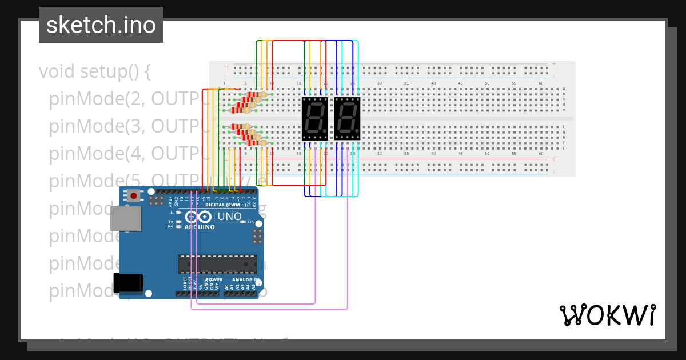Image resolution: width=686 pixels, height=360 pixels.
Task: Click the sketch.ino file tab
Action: click(x=101, y=25)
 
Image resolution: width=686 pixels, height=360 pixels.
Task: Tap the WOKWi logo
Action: click(x=607, y=315)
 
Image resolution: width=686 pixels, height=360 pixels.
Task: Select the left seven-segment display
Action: click(x=314, y=118)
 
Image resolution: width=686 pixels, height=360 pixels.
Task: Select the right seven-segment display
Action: click(x=347, y=118)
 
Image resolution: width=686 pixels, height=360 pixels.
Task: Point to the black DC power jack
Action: click(x=128, y=283)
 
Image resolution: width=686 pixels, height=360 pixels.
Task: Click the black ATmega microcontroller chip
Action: click(x=217, y=265)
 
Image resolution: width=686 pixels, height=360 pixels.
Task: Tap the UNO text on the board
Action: click(x=229, y=217)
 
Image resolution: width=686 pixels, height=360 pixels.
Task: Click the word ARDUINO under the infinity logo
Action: click(x=200, y=227)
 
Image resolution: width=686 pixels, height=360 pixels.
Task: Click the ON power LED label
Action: click(x=251, y=222)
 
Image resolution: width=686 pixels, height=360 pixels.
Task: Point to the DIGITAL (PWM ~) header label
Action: click(x=226, y=205)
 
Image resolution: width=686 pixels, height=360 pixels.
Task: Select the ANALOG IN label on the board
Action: click(x=245, y=280)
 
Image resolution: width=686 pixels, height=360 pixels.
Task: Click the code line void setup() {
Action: click(x=95, y=71)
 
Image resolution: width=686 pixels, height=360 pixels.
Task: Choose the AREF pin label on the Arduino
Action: click(x=170, y=201)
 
